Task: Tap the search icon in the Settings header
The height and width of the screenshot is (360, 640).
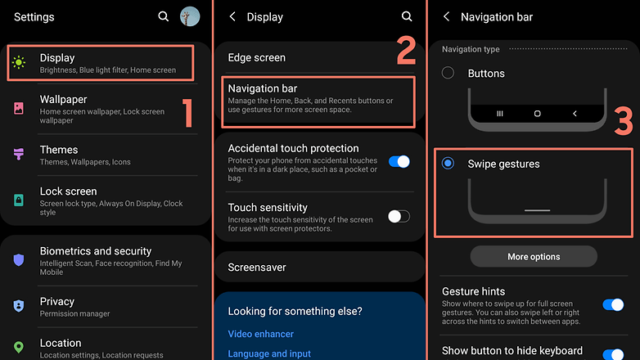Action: [x=163, y=16]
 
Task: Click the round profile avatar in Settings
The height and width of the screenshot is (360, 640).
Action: [x=190, y=16]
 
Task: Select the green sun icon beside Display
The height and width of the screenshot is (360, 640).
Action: [x=19, y=62]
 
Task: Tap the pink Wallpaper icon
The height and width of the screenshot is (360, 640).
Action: [x=19, y=108]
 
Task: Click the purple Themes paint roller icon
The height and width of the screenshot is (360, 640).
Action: [x=19, y=154]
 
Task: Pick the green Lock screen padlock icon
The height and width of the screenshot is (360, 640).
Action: [x=19, y=200]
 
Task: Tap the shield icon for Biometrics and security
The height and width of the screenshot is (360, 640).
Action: [x=19, y=259]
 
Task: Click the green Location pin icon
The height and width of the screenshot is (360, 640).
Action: [x=19, y=347]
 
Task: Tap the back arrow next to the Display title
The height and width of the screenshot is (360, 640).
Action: [x=232, y=16]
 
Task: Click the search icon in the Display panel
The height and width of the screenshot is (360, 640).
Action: [x=407, y=16]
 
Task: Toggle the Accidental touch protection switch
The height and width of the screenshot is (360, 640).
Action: [x=399, y=162]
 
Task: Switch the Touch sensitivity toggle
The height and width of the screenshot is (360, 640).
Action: [x=399, y=216]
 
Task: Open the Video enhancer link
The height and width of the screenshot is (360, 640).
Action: [x=261, y=334]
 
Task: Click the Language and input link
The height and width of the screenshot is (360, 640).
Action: [x=269, y=353]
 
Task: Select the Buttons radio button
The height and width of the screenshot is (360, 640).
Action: [x=448, y=73]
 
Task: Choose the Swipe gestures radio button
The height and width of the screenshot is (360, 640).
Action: [x=448, y=164]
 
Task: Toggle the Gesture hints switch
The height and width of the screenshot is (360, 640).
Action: [x=613, y=304]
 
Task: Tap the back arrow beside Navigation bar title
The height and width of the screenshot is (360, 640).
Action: [x=447, y=16]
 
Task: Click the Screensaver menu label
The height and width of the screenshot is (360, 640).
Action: [x=257, y=268]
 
